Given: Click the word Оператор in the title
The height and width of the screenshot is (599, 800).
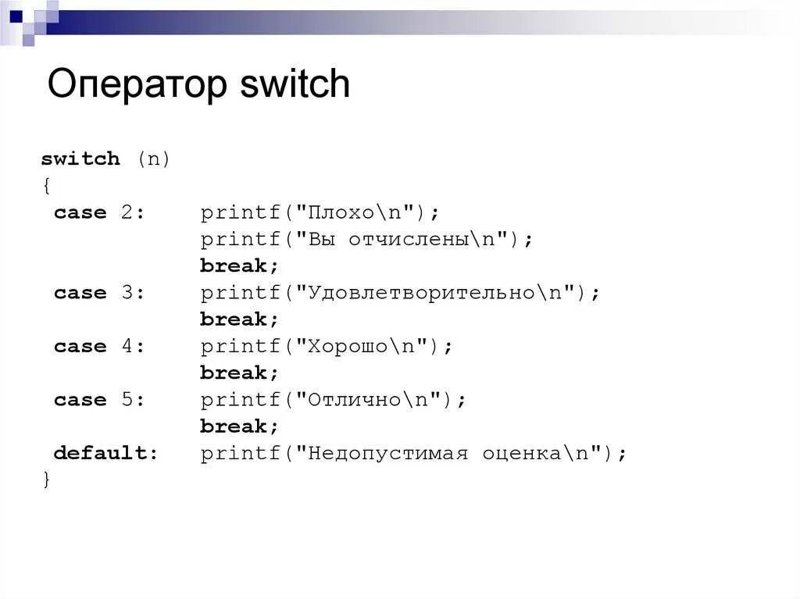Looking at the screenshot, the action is click(137, 84).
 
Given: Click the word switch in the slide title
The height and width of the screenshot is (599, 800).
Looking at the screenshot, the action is click(295, 84).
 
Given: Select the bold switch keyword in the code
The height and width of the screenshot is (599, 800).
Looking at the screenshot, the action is click(80, 159).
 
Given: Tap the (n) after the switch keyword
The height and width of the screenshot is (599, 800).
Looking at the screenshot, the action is click(154, 159).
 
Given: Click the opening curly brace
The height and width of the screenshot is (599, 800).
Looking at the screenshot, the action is click(46, 186).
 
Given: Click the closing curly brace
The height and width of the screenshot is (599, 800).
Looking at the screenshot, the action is click(46, 480).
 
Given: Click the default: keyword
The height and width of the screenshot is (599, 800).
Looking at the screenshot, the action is click(105, 453).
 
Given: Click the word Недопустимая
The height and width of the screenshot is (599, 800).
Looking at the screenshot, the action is click(387, 453).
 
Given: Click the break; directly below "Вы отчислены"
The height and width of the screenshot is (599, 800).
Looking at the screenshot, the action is click(239, 266).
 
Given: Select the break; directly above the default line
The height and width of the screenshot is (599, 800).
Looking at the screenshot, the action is click(239, 426).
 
